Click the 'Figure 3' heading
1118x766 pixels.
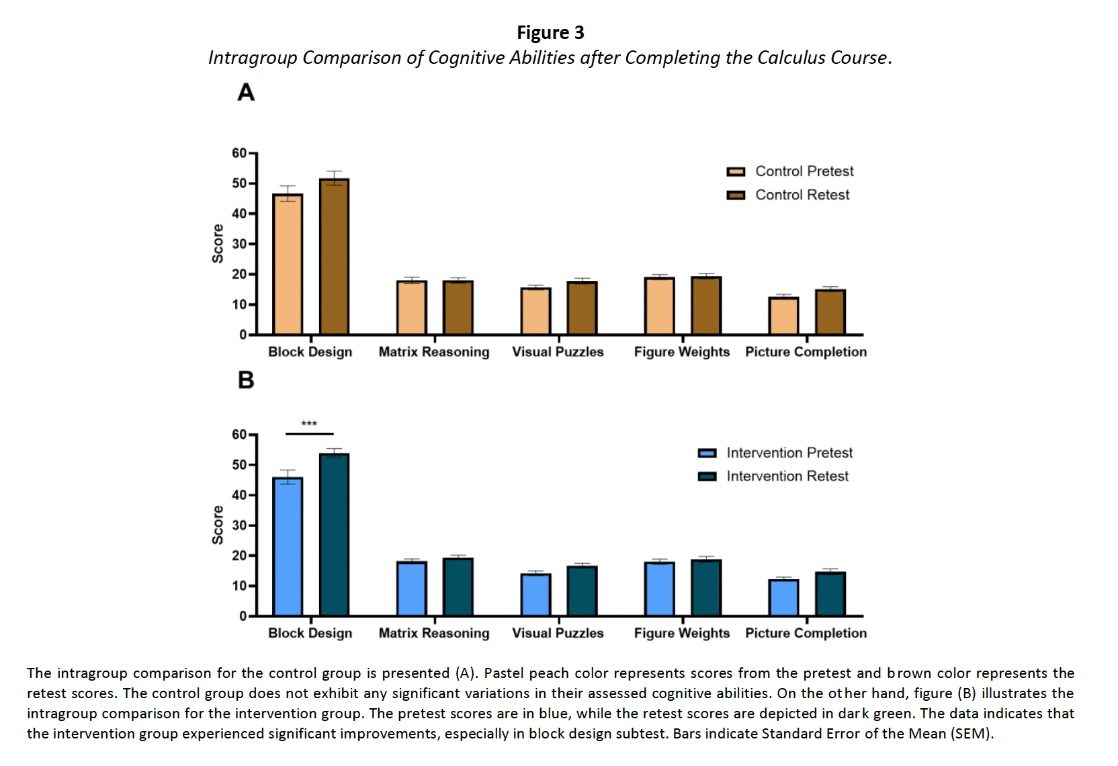[550, 32]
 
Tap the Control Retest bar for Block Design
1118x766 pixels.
[334, 257]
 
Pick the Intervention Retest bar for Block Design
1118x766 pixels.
[334, 535]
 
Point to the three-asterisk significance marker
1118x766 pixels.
[309, 424]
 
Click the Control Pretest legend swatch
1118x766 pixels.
[736, 172]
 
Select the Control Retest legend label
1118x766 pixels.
[802, 195]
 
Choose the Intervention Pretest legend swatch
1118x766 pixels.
[707, 454]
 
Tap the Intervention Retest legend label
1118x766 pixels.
[787, 476]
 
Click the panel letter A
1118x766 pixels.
[246, 92]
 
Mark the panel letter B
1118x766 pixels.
[246, 380]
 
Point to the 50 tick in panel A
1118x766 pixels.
[240, 183]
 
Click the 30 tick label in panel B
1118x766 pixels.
[240, 525]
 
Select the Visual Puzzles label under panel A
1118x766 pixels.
[558, 352]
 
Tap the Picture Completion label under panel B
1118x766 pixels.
[806, 633]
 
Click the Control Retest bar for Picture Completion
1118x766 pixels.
[830, 312]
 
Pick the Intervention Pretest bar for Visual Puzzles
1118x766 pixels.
[536, 595]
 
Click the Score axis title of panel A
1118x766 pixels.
[218, 243]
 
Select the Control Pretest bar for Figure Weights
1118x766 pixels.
[660, 306]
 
